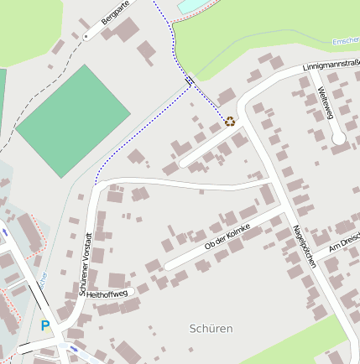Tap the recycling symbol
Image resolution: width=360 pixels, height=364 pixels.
(229, 121)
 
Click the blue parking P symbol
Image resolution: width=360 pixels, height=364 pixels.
(45, 325)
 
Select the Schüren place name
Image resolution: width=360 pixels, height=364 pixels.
(211, 328)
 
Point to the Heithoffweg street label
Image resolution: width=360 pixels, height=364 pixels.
(107, 294)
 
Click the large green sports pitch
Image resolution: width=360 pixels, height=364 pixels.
(73, 119)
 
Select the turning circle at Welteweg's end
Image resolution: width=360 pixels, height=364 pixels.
(339, 138)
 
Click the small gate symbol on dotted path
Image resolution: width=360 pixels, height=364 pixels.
(190, 81)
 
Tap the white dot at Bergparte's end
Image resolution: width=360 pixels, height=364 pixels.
(86, 38)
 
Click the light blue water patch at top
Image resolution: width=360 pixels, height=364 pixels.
(190, 6)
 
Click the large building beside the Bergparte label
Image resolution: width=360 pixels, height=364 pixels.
(127, 30)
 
